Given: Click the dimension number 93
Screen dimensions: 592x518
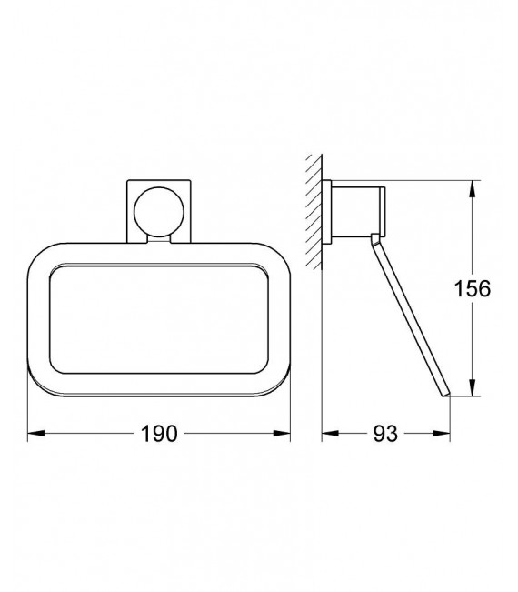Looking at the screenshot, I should [x=385, y=435].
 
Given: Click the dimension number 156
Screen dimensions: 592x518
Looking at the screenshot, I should [x=472, y=289].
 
